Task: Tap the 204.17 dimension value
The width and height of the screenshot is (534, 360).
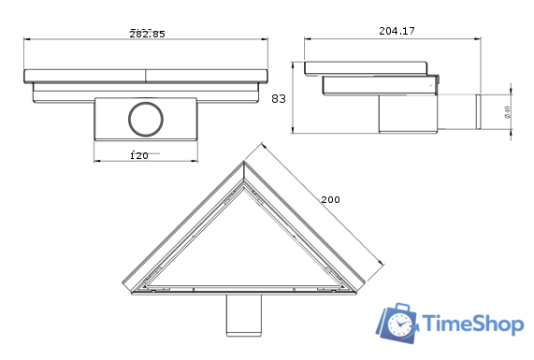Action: click(397, 31)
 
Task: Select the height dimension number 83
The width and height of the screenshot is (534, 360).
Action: click(278, 97)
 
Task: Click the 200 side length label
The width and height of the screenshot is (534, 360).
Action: click(330, 200)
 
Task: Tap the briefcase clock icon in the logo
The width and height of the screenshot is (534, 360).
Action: click(398, 324)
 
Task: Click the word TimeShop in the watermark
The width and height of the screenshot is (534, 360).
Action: click(472, 324)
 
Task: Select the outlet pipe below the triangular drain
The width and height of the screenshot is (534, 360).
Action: click(245, 315)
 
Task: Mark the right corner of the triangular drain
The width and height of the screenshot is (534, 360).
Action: click(366, 288)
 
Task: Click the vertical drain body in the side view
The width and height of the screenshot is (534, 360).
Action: click(406, 112)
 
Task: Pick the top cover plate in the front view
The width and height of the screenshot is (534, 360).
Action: click(145, 75)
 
